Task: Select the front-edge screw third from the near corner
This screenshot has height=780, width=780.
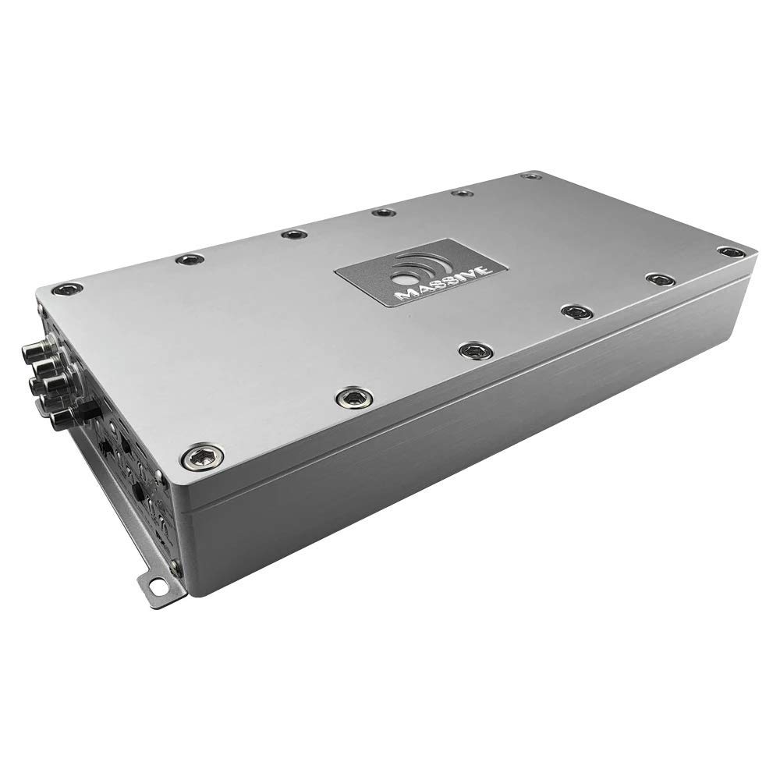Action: tap(471, 351)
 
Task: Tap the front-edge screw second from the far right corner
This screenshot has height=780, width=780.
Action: tap(659, 278)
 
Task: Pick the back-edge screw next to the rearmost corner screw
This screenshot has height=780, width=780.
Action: tap(463, 193)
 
